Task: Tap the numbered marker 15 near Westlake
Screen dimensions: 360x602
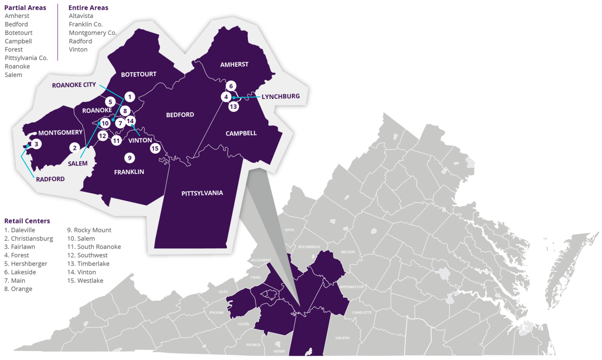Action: (x=155, y=149)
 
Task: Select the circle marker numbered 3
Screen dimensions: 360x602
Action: (x=37, y=144)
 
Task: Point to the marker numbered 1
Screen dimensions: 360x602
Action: (x=130, y=97)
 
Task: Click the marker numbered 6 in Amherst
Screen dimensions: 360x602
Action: (x=230, y=86)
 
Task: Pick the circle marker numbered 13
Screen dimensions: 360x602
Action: (x=234, y=107)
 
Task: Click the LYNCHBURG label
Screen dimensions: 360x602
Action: (x=280, y=96)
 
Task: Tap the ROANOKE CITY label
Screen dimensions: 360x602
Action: (x=74, y=85)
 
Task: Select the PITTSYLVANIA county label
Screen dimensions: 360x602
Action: (x=202, y=193)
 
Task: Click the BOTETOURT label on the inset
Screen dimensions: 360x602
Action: (x=139, y=74)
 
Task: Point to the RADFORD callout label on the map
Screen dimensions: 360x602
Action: (x=49, y=179)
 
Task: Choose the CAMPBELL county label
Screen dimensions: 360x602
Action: (x=241, y=133)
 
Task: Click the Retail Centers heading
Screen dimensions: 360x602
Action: (x=27, y=221)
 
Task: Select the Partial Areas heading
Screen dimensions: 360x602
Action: (x=25, y=8)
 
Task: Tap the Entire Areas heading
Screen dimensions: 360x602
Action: (x=88, y=8)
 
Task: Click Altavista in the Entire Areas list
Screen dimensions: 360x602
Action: (x=81, y=16)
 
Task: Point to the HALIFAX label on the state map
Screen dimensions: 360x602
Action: (x=342, y=338)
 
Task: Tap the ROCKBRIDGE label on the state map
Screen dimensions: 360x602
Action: (x=309, y=247)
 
